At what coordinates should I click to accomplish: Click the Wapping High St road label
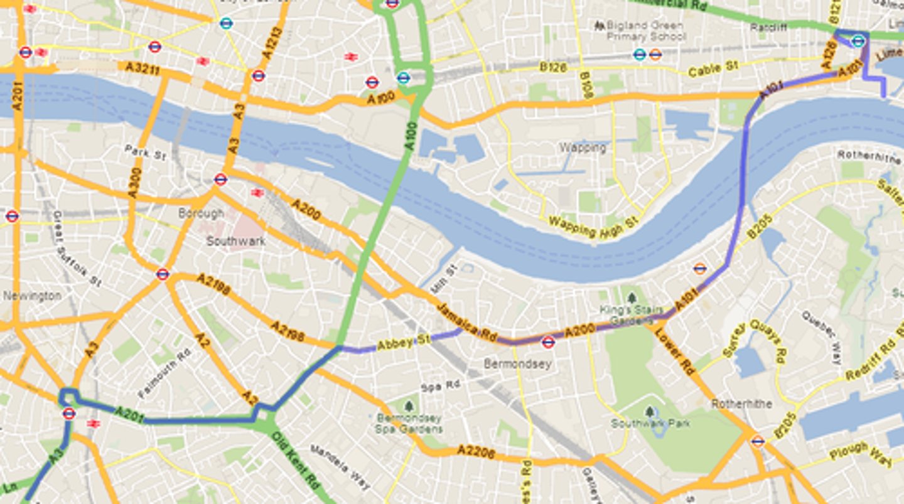[593, 227]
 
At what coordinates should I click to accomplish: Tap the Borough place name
[202, 213]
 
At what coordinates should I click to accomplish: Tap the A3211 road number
[143, 68]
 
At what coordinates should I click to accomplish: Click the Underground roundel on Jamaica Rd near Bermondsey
[548, 342]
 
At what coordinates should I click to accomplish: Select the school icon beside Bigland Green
[600, 26]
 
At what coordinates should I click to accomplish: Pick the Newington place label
[31, 296]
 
